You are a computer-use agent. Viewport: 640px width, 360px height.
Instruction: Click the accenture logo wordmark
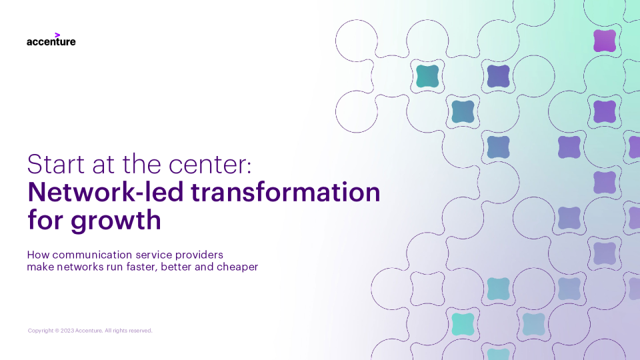pos(51,41)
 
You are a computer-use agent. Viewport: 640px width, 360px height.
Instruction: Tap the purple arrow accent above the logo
pos(57,35)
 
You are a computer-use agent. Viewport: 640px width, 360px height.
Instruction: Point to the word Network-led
pos(105,192)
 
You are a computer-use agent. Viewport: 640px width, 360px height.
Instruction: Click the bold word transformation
pos(285,192)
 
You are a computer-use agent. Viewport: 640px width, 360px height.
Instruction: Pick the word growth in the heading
pos(116,221)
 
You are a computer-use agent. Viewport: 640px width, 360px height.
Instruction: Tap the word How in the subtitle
pos(38,255)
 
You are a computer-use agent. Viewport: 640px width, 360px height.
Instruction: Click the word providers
pos(199,255)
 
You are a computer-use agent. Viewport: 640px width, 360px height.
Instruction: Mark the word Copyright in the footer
pos(41,331)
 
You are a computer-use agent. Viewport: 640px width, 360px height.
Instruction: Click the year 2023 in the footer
pos(67,331)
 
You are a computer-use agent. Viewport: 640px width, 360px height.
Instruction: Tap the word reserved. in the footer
pos(141,331)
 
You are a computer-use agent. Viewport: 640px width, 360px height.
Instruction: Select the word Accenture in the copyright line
pos(89,331)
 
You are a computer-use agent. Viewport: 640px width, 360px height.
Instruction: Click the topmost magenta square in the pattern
pos(605,41)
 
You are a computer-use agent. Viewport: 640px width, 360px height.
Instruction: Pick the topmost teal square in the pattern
pos(427,76)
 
